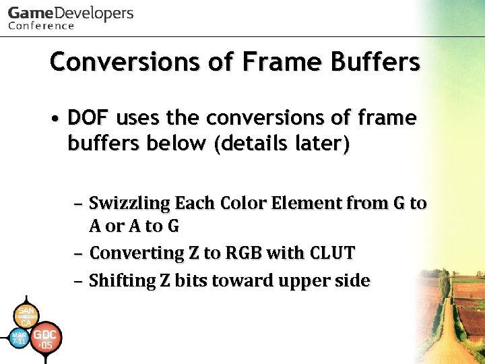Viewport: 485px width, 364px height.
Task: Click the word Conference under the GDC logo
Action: tap(41, 26)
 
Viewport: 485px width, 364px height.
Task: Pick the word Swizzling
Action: tap(129, 203)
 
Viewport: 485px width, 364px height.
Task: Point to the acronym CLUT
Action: tap(331, 253)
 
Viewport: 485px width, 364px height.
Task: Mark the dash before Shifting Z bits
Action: tap(79, 280)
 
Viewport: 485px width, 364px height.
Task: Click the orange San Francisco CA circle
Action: tap(26, 315)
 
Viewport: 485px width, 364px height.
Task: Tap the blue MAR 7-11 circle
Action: tap(20, 338)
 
